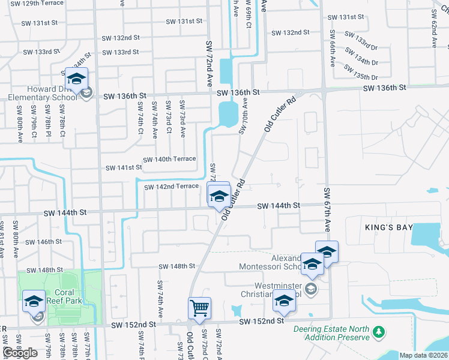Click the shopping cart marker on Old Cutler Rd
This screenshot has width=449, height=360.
tap(199, 308)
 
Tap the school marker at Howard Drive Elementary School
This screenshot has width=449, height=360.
tap(76, 79)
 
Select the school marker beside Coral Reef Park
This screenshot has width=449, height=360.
tap(34, 301)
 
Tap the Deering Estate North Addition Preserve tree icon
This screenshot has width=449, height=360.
tap(378, 331)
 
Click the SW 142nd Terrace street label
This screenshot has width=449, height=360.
tap(172, 187)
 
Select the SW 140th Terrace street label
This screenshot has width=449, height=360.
tap(169, 159)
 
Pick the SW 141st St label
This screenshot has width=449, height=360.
tap(124, 168)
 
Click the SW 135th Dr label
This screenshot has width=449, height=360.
tap(366, 77)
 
